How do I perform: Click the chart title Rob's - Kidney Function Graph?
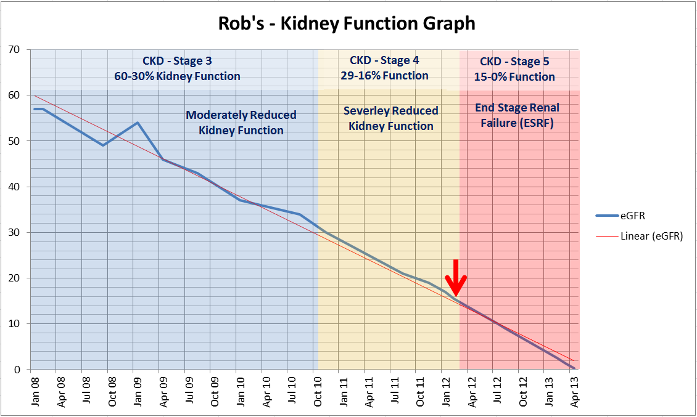[347, 23]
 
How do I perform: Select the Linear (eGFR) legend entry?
[651, 236]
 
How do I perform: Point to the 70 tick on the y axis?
[14, 49]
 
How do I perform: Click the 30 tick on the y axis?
[14, 232]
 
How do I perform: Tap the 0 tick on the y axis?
[17, 370]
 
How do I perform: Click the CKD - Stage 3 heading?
[177, 61]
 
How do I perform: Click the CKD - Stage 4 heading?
[384, 60]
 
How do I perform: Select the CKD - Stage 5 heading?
[514, 62]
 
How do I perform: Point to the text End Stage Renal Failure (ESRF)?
[517, 115]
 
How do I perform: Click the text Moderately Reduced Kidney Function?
[241, 123]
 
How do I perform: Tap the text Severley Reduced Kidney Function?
[391, 118]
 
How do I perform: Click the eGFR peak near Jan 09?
[137, 123]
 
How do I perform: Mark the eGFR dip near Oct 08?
[104, 145]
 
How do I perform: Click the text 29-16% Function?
[384, 76]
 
